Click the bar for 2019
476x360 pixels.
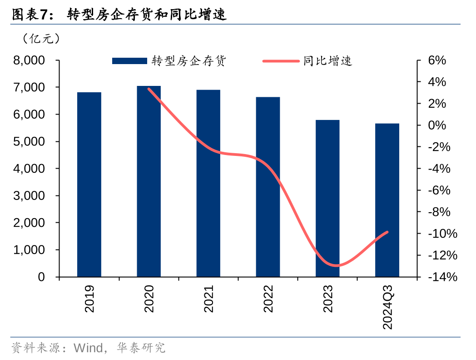coord(89,184)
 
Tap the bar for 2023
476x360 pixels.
coord(327,198)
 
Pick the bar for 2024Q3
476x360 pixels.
coord(387,200)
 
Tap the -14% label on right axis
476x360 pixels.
coord(439,277)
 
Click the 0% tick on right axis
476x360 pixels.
coord(437,125)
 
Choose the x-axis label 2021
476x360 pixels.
coord(208,299)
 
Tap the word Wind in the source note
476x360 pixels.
coord(88,349)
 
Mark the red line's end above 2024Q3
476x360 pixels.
coord(387,232)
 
